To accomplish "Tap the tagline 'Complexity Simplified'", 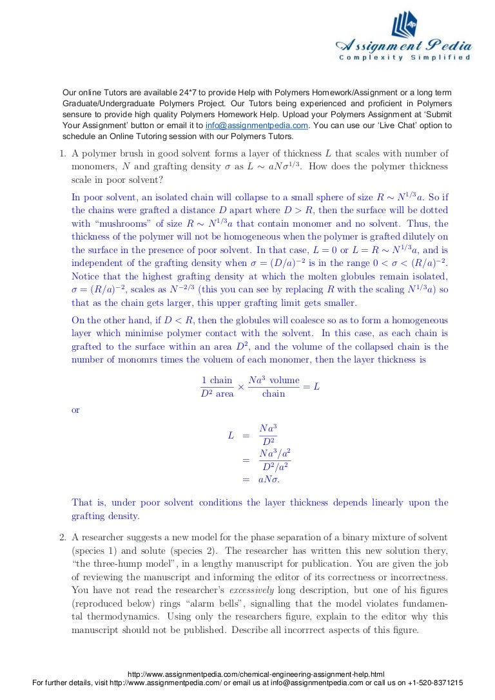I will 405,58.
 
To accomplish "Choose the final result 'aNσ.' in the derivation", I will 269,480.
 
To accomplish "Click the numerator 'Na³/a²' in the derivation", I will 275,453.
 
